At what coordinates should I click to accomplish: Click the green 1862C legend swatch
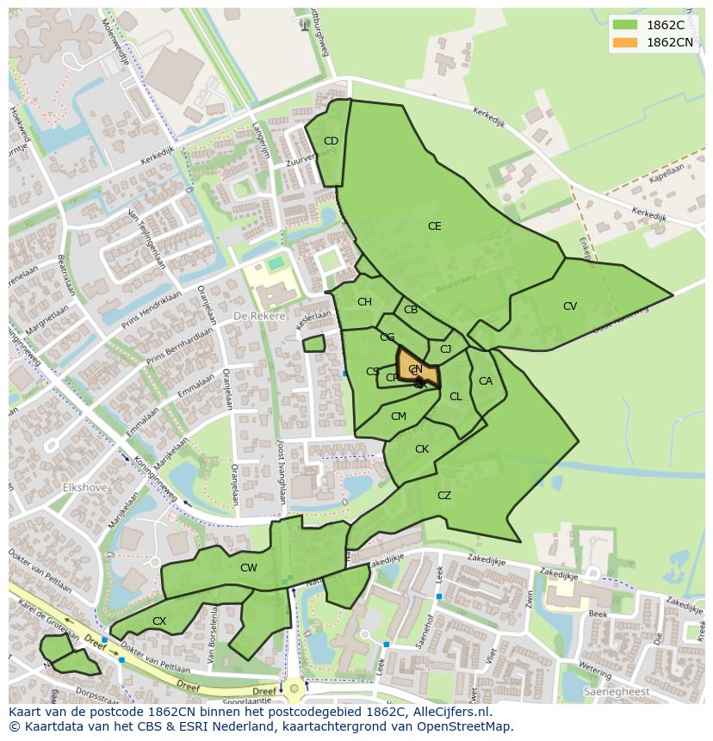(626, 25)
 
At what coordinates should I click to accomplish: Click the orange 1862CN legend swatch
(626, 42)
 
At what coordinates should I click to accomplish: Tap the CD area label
(331, 141)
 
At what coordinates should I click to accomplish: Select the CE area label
(435, 226)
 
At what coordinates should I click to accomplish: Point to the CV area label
(570, 306)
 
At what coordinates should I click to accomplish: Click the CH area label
(364, 302)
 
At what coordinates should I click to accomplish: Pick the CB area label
(411, 310)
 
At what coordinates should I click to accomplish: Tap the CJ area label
(445, 349)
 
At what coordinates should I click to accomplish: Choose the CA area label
(486, 381)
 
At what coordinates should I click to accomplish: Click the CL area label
(456, 397)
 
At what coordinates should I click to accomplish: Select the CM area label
(398, 417)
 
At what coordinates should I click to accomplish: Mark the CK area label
(422, 449)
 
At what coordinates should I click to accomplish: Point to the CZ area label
(444, 496)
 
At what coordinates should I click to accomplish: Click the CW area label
(249, 568)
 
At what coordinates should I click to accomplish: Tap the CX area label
(159, 621)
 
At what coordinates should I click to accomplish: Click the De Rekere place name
(259, 317)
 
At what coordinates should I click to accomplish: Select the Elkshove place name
(84, 487)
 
